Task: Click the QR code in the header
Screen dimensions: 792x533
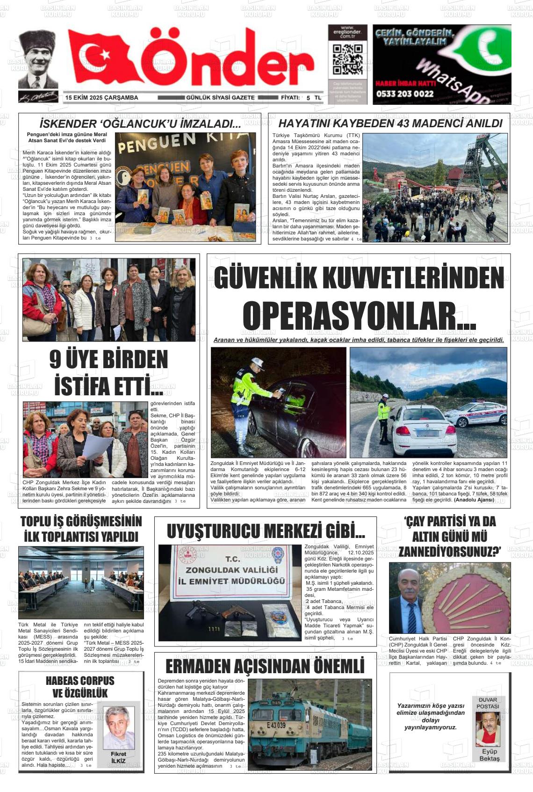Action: pyautogui.click(x=347, y=60)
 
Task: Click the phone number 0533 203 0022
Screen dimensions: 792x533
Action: pyautogui.click(x=404, y=94)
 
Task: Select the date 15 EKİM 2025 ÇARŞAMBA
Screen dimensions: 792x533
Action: pyautogui.click(x=102, y=98)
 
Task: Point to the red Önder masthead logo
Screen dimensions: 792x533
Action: pyautogui.click(x=192, y=58)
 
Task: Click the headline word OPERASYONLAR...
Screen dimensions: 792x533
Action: pyautogui.click(x=359, y=317)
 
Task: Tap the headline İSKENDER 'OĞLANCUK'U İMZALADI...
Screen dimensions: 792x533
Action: pyautogui.click(x=140, y=124)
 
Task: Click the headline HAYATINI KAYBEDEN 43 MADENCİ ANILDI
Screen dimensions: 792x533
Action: pyautogui.click(x=390, y=124)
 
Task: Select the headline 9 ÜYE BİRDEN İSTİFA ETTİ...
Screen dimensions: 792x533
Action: pyautogui.click(x=108, y=373)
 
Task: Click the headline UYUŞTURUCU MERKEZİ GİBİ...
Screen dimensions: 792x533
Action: pyautogui.click(x=266, y=531)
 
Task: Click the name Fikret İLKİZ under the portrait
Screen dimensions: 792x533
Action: pyautogui.click(x=118, y=757)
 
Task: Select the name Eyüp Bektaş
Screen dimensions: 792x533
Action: pyautogui.click(x=489, y=755)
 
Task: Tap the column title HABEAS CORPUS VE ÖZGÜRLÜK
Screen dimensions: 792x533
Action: pyautogui.click(x=80, y=687)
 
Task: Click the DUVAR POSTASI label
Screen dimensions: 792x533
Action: pyautogui.click(x=488, y=703)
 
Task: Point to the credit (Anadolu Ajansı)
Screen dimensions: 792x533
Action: pyautogui.click(x=474, y=500)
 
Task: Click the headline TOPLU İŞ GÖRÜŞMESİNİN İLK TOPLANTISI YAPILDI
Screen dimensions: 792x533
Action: pyautogui.click(x=81, y=529)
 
